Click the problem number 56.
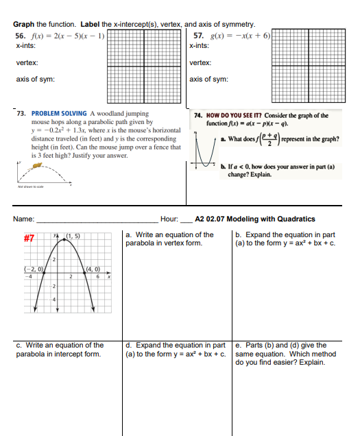pos(19,36)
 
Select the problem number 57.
pos(199,36)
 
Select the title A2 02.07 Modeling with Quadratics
pos(255,219)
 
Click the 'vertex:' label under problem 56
pos(27,62)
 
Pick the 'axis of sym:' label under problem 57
pos(208,79)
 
